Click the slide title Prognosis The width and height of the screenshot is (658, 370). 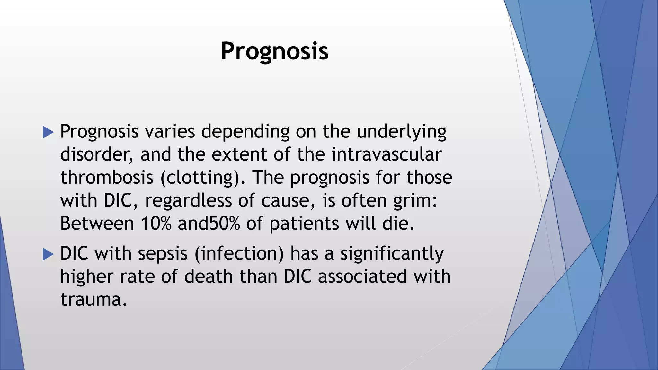tap(275, 51)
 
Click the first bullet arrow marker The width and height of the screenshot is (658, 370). tap(48, 132)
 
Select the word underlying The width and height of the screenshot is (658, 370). tap(401, 132)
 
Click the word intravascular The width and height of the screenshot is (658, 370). tap(387, 154)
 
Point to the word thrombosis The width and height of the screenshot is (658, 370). tap(107, 178)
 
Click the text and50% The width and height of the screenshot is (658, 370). tap(209, 224)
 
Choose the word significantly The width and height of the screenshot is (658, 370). tap(392, 254)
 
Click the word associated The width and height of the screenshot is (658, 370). tap(362, 277)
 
